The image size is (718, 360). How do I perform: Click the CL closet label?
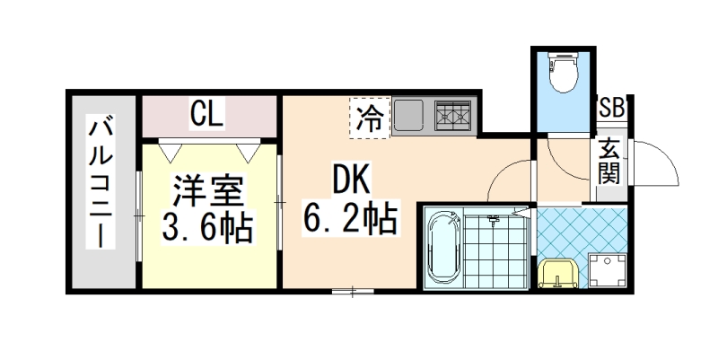207,114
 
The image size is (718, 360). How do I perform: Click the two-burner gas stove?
454,116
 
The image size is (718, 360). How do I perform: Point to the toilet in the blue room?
562,74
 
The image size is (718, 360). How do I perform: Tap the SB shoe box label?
612,108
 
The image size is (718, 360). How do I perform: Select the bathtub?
442,247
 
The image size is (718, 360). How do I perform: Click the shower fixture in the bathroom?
493,219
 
